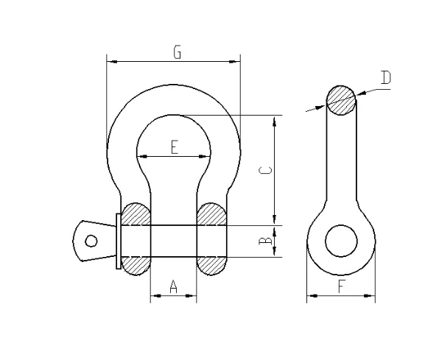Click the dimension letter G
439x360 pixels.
pos(177,52)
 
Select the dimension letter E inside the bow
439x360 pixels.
pos(174,147)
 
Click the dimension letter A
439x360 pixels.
pos(174,287)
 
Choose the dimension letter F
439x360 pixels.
pos(341,287)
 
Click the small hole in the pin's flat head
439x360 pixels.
pos(91,241)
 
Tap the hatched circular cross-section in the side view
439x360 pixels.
pos(340,100)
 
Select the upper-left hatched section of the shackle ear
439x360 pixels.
pos(136,214)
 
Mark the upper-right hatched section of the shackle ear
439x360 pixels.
pos(212,214)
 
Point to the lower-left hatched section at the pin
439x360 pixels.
pos(136,264)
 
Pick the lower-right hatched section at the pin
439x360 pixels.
pos(212,264)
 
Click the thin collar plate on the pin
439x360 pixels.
pos(118,241)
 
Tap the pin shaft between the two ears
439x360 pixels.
pos(174,241)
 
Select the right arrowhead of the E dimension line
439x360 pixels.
pos(206,155)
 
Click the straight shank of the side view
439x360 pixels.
pos(340,162)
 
